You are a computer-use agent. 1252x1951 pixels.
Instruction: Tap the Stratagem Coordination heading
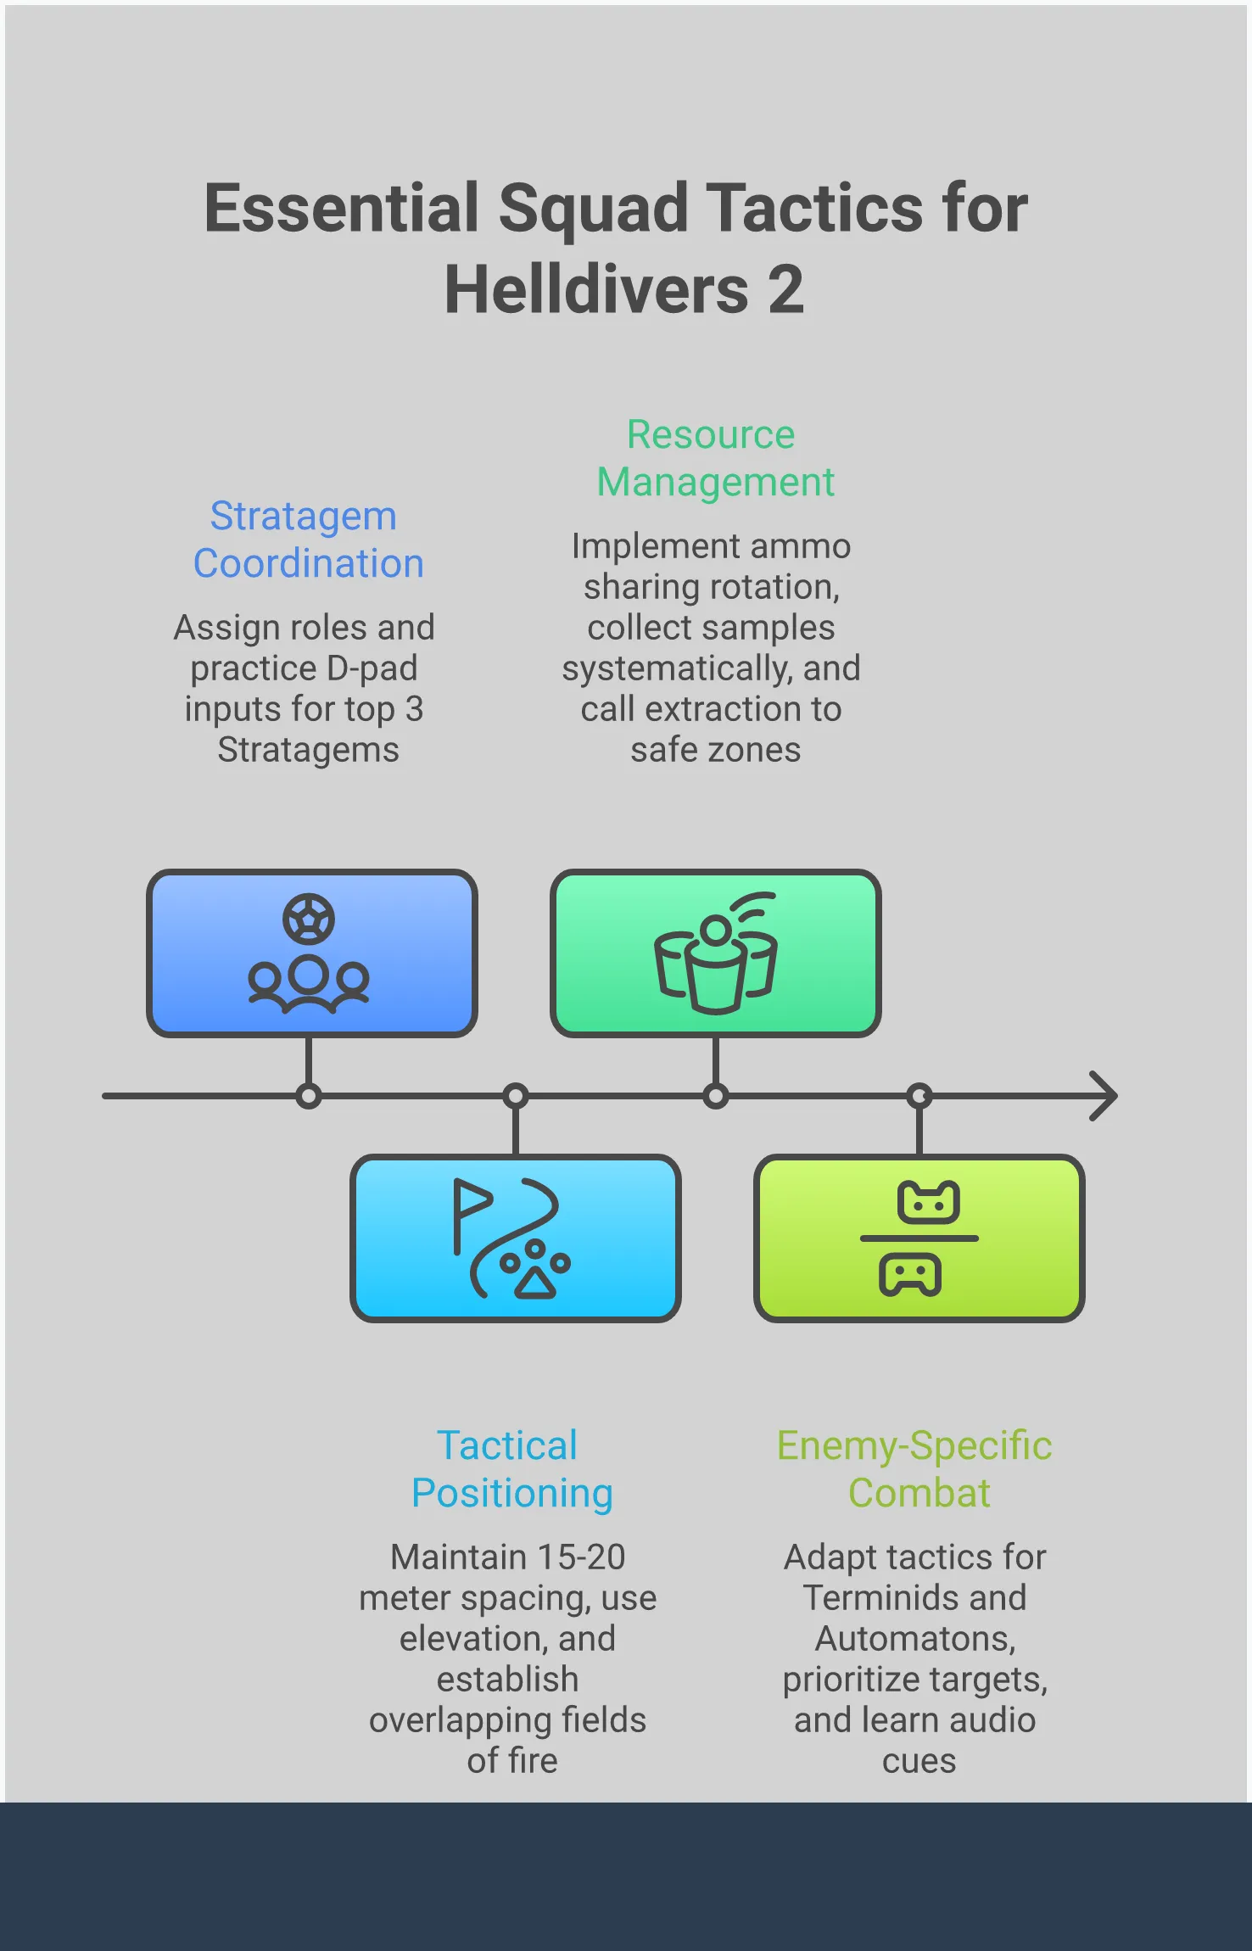pyautogui.click(x=308, y=539)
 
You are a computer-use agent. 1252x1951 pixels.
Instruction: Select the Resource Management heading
pyautogui.click(x=715, y=458)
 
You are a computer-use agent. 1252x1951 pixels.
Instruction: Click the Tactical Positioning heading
pyautogui.click(x=511, y=1469)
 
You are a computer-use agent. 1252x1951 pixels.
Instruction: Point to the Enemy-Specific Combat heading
pyautogui.click(x=915, y=1469)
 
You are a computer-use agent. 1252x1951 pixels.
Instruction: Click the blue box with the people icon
pyautogui.click(x=312, y=953)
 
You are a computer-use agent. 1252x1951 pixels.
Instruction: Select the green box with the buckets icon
pyautogui.click(x=716, y=953)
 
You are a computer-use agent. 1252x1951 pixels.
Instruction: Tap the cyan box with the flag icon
pyautogui.click(x=516, y=1238)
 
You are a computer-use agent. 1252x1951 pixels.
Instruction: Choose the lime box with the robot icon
pyautogui.click(x=919, y=1238)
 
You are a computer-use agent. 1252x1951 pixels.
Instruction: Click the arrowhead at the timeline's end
pyautogui.click(x=1105, y=1096)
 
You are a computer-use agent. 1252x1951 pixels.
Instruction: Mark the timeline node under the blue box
pyautogui.click(x=309, y=1097)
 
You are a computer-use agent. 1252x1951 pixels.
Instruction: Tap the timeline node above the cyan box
pyautogui.click(x=516, y=1097)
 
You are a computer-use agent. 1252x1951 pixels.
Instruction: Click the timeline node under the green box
pyautogui.click(x=716, y=1097)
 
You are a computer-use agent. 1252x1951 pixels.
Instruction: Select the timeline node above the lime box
pyautogui.click(x=919, y=1097)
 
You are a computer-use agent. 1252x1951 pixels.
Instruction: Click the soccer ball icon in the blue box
pyautogui.click(x=309, y=920)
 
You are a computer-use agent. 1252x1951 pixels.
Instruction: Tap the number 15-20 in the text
pyautogui.click(x=581, y=1557)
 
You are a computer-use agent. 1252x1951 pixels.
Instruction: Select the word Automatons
pyautogui.click(x=915, y=1639)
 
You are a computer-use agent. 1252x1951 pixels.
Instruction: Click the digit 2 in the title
pyautogui.click(x=785, y=289)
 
